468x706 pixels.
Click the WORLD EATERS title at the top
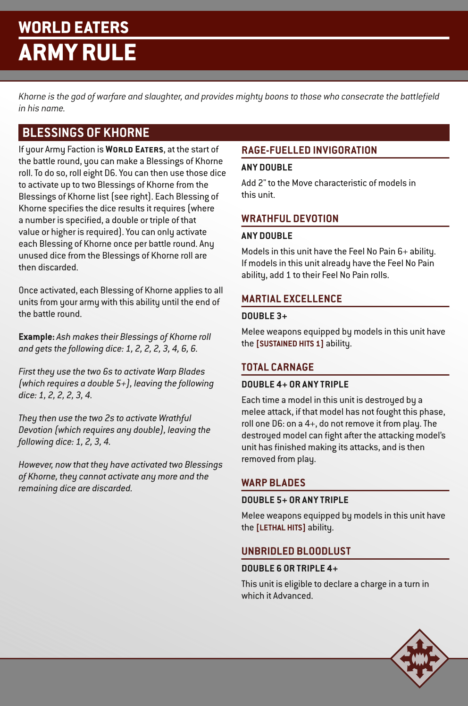pos(74,27)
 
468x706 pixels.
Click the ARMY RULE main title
pos(77,52)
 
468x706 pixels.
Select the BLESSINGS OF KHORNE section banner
pos(86,133)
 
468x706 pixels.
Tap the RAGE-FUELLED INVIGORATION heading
pos(309,150)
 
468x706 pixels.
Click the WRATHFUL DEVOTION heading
pos(290,219)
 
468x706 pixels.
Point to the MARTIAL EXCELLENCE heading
pos(292,299)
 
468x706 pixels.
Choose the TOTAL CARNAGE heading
pos(277,367)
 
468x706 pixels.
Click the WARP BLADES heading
pos(273,483)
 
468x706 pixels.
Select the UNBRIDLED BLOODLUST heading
pos(296,551)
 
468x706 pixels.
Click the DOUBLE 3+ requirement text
pos(264,316)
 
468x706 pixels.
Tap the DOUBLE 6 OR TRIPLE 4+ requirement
pos(290,569)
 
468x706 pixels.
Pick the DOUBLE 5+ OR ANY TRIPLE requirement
pos(295,500)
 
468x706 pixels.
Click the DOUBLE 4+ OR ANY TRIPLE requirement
pos(295,385)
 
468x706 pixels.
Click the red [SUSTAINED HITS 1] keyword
pos(290,344)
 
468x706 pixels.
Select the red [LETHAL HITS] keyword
pos(281,528)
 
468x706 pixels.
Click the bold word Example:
pos(36,337)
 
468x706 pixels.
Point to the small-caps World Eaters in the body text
pos(134,150)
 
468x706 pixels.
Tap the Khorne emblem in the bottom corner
pos(419,658)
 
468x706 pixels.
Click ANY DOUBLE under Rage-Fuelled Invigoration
pos(267,168)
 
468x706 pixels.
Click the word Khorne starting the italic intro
pos(32,97)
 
